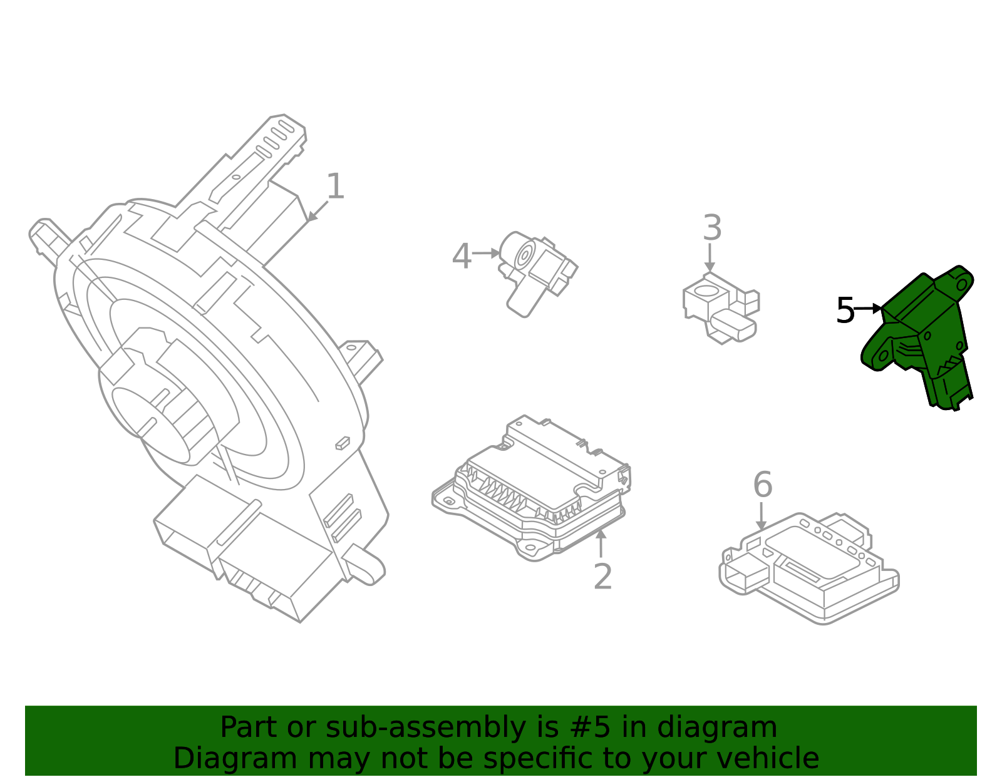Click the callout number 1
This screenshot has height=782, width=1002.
tap(336, 187)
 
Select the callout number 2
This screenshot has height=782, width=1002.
tap(602, 577)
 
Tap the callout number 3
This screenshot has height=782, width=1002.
tap(712, 229)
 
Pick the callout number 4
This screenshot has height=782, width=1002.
tap(462, 257)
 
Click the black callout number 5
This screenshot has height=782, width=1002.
tap(845, 311)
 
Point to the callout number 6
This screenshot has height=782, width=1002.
tap(762, 485)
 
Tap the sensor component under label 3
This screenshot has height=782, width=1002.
tap(720, 307)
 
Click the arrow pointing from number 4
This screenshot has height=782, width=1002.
tap(486, 254)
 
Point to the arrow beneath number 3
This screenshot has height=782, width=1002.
tap(710, 257)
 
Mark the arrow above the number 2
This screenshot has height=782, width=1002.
tap(601, 542)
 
